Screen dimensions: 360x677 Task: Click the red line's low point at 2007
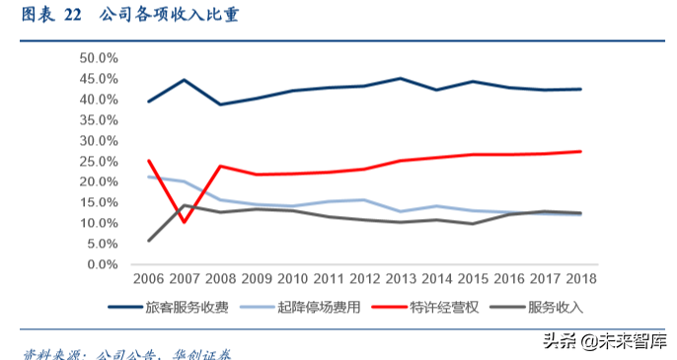tap(185, 222)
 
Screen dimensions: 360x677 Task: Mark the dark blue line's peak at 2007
tap(185, 80)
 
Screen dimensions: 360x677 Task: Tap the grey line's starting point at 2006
tap(149, 241)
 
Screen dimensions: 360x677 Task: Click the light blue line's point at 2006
tap(149, 177)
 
